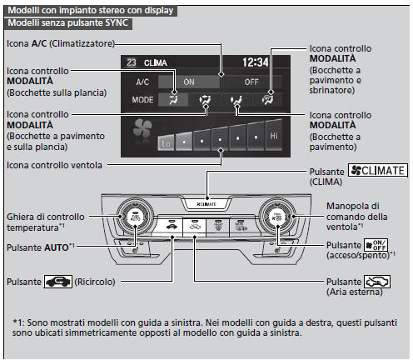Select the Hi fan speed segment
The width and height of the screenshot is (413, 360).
(273, 133)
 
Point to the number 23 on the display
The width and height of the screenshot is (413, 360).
(132, 62)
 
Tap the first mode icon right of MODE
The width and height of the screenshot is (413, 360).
(172, 99)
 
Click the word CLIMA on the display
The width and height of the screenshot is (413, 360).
(156, 62)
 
